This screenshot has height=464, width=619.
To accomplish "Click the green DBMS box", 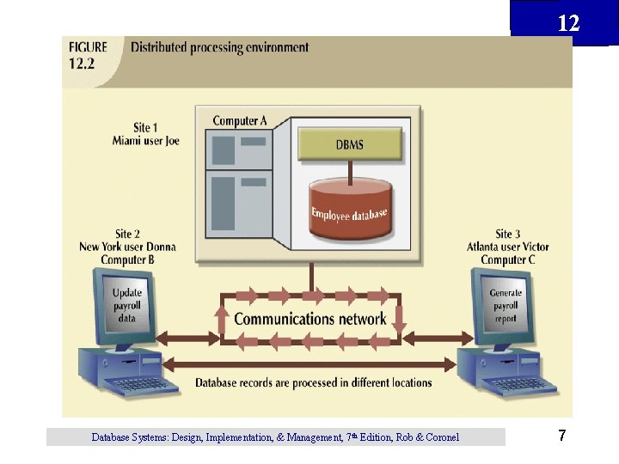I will tap(349, 144).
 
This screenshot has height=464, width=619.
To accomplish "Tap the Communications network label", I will tap(310, 319).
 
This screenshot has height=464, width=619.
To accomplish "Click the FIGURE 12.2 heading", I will tap(89, 55).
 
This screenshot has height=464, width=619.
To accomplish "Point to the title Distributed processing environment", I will tap(219, 47).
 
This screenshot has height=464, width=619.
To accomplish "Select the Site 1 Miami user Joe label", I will tap(145, 135).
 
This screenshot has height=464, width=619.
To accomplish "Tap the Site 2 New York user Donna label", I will tap(127, 247).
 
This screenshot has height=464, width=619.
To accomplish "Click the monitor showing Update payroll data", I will tap(127, 305).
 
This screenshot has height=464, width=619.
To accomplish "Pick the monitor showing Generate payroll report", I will tap(505, 305).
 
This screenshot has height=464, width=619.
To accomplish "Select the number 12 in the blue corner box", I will tap(568, 23).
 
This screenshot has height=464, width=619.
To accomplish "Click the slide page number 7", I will tap(561, 437).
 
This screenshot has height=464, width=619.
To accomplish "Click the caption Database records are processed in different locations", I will tap(313, 382).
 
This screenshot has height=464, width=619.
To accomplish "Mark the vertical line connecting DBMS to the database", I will tap(349, 172).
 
